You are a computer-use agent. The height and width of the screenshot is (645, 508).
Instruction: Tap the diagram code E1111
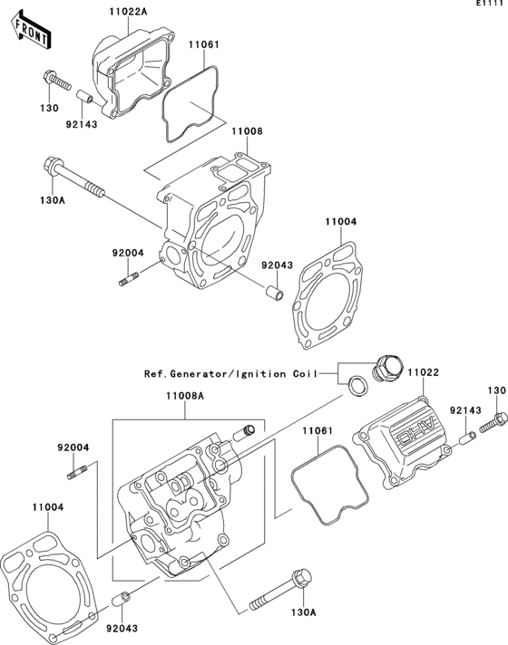[x=488, y=5]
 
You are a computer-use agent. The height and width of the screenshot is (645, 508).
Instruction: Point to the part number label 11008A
[x=184, y=396]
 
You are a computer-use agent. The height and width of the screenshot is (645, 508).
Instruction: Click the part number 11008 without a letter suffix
[x=246, y=131]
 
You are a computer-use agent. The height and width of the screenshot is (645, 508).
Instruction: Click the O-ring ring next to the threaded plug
[x=359, y=387]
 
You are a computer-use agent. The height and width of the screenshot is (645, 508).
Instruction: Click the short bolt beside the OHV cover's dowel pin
[x=494, y=419]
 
